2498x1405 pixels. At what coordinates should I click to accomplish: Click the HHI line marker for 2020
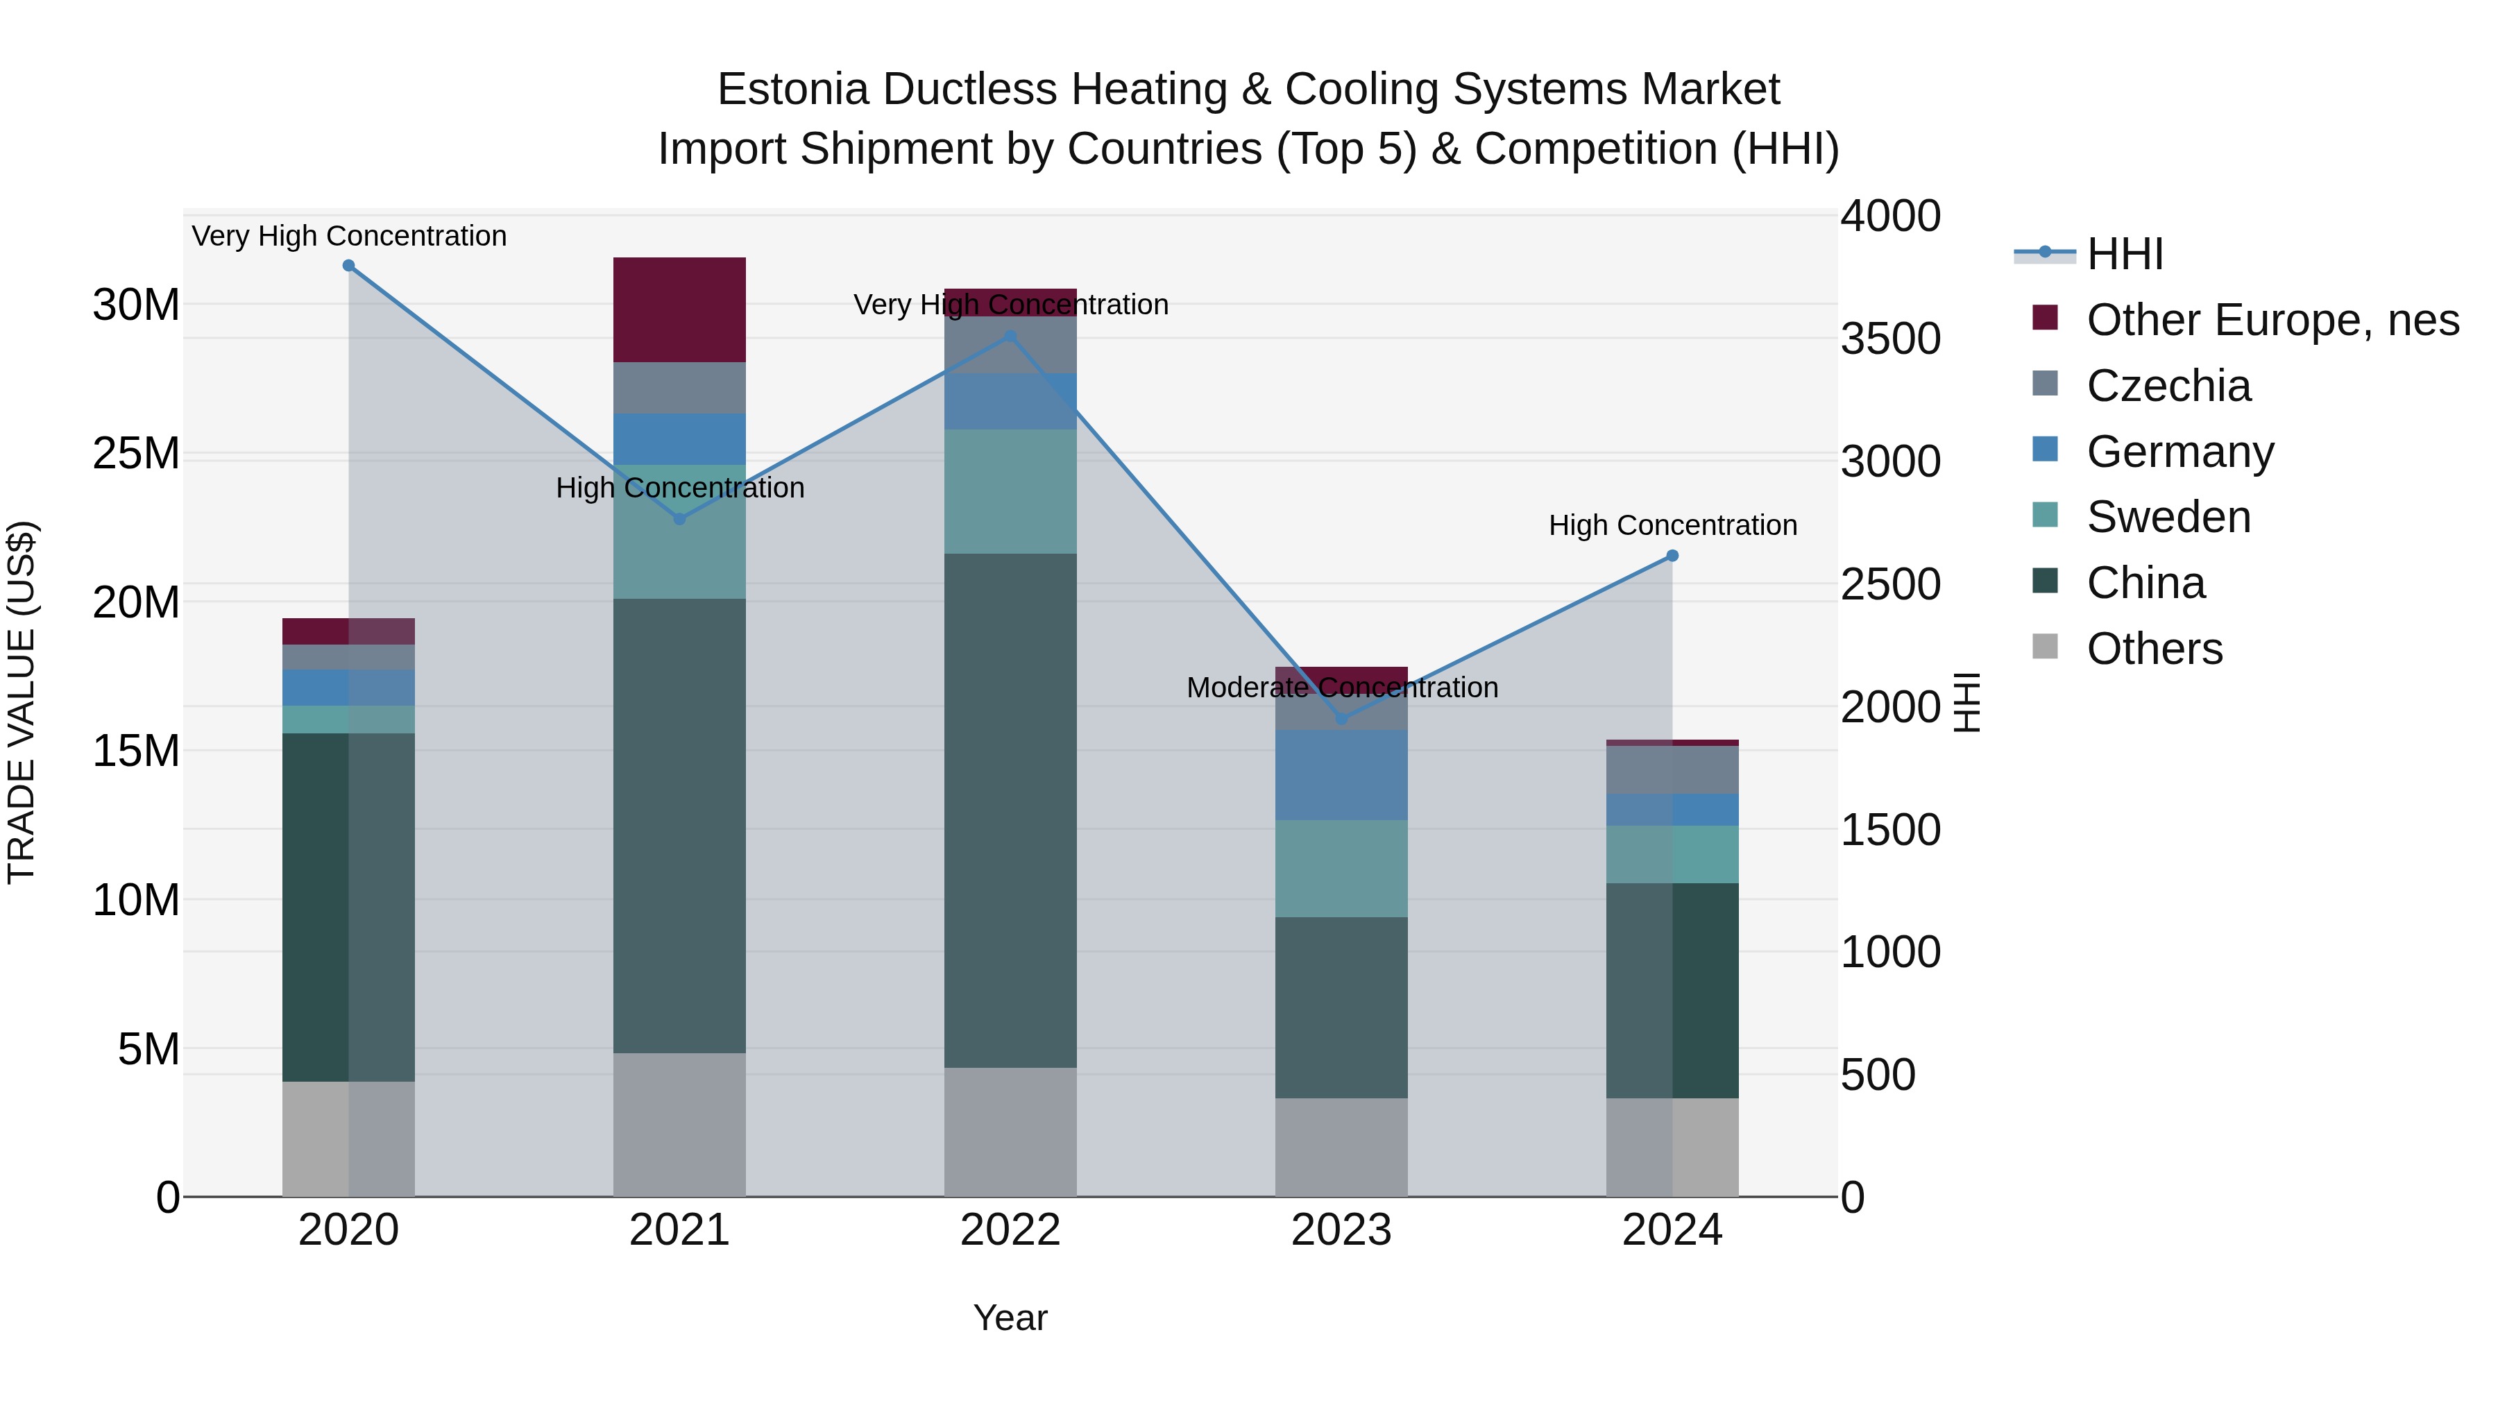click(348, 266)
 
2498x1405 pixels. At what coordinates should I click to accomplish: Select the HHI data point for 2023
click(1341, 719)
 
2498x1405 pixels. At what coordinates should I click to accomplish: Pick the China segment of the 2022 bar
click(1010, 810)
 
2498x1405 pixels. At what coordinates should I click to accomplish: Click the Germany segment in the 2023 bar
click(1341, 775)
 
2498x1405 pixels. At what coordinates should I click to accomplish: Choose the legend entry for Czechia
click(2168, 386)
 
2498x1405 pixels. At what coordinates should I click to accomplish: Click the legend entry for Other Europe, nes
click(2272, 320)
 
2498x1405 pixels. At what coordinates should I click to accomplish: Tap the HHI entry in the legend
click(2124, 254)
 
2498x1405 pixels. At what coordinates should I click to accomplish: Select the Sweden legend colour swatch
click(2044, 515)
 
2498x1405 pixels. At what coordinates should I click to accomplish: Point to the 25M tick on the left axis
click(136, 454)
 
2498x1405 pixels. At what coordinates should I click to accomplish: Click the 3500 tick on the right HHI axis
click(1890, 339)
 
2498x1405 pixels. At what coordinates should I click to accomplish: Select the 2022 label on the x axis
click(1010, 1230)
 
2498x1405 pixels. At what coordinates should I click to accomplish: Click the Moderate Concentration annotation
click(1341, 688)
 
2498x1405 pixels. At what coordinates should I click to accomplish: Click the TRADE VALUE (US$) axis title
click(22, 702)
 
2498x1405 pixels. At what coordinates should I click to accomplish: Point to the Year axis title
click(1010, 1318)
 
